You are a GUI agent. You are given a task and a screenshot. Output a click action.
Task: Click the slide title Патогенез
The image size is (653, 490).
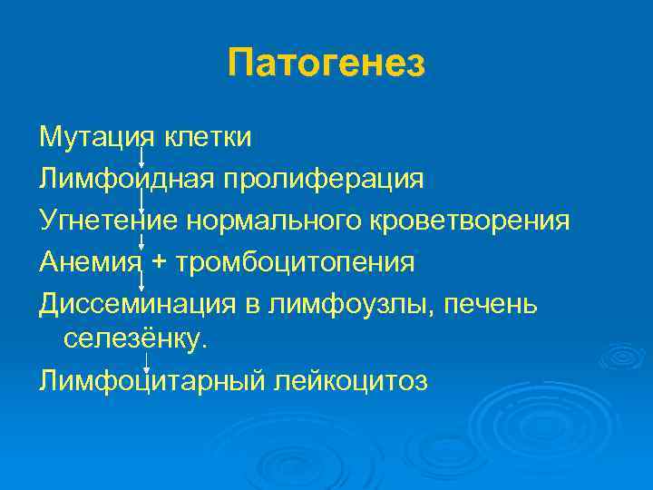326,64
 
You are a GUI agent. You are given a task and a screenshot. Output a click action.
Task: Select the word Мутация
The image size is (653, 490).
93,138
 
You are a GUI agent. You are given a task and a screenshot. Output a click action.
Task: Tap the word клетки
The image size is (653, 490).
209,138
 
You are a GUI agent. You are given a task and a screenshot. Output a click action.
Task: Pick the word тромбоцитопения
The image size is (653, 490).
297,262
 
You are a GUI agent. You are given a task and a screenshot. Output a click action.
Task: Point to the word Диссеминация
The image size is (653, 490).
132,304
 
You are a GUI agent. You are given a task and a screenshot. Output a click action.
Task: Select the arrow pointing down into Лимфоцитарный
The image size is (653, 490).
146,359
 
